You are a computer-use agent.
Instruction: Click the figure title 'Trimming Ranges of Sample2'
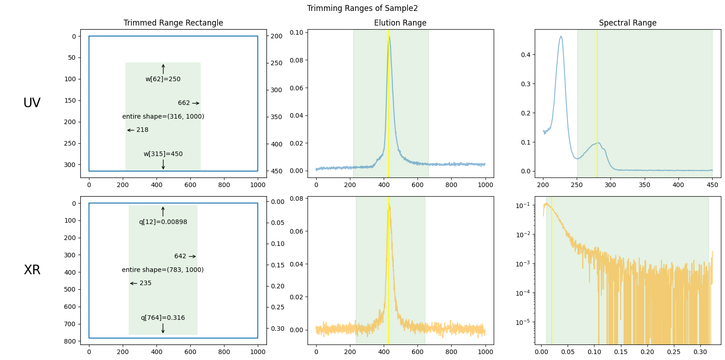click(x=362, y=8)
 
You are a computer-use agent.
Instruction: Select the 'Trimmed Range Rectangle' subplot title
click(x=173, y=23)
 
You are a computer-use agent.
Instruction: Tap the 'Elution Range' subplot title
click(x=400, y=23)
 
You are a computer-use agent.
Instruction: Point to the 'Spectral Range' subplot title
click(x=627, y=23)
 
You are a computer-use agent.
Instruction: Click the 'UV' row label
click(x=32, y=103)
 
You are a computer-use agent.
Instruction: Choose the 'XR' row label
click(x=32, y=270)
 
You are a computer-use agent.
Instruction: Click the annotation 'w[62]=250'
click(x=163, y=79)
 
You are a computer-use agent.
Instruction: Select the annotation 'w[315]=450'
click(x=163, y=154)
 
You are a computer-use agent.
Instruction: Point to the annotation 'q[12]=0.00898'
click(x=163, y=222)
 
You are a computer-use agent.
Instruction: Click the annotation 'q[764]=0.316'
click(x=163, y=318)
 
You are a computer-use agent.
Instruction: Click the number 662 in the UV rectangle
click(x=184, y=103)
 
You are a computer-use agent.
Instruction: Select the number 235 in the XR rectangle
click(x=146, y=283)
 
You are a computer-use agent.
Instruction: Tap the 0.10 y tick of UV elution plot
click(x=297, y=32)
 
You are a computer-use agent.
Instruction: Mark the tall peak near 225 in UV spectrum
click(x=561, y=37)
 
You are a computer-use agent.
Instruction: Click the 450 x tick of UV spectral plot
click(x=712, y=185)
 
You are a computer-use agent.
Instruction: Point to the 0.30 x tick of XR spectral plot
click(x=700, y=352)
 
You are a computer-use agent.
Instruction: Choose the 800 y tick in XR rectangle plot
click(x=70, y=341)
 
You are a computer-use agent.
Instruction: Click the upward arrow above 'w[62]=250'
click(x=163, y=69)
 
